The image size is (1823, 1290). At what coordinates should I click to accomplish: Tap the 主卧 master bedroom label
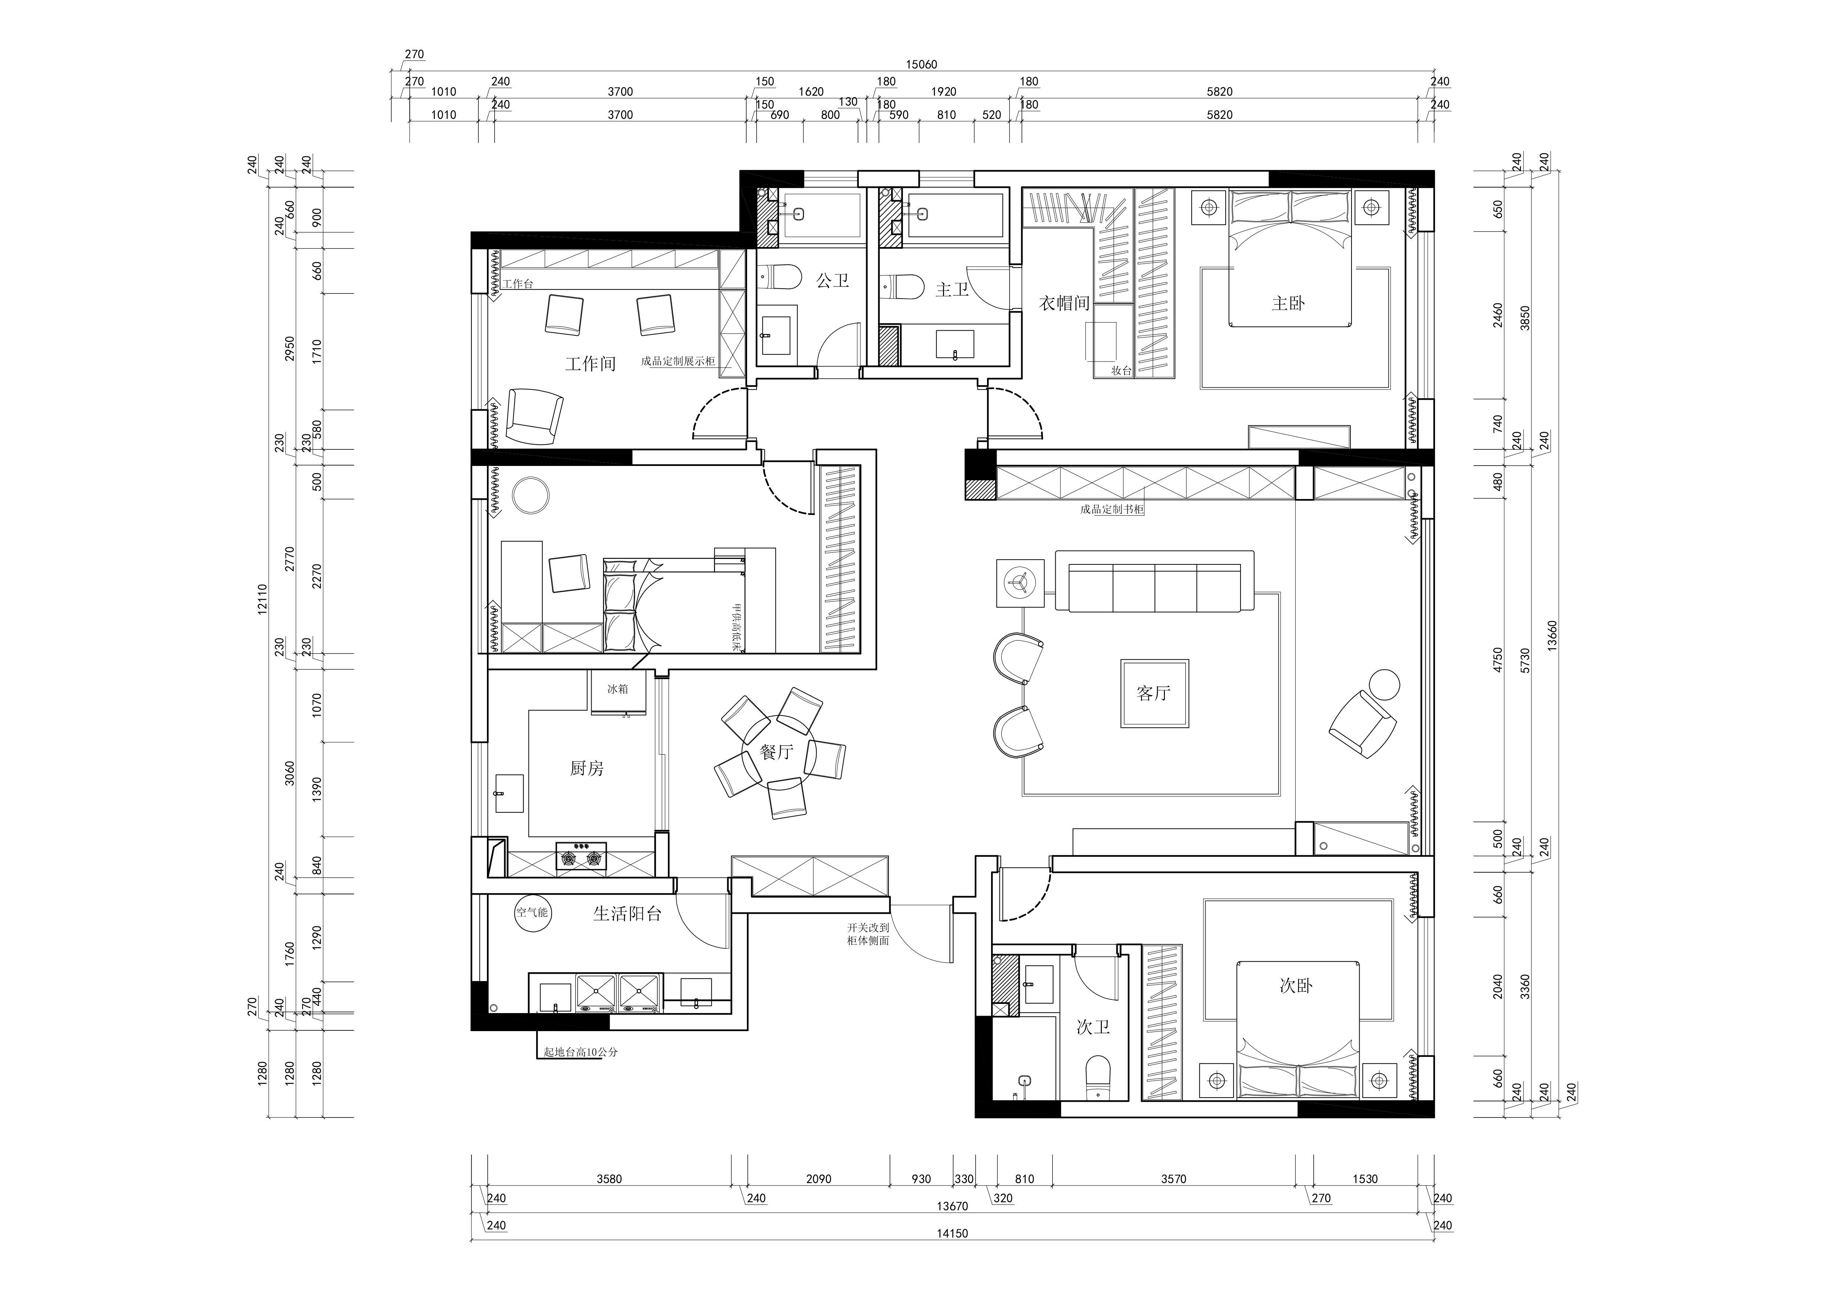click(1288, 303)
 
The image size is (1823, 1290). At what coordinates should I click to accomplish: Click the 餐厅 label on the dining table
click(776, 751)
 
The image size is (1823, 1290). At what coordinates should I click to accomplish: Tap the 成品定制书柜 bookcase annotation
click(1112, 509)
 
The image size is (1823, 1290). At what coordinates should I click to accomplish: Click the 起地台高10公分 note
click(580, 1052)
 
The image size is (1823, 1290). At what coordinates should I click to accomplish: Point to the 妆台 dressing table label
click(1121, 370)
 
